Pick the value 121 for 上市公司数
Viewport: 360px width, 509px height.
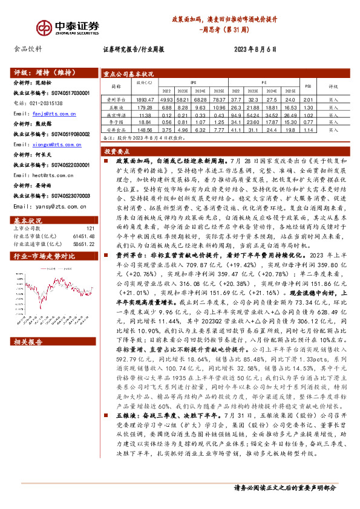90,228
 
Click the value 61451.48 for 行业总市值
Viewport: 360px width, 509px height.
83,236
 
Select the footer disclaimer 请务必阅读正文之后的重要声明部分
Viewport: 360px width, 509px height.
284,488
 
